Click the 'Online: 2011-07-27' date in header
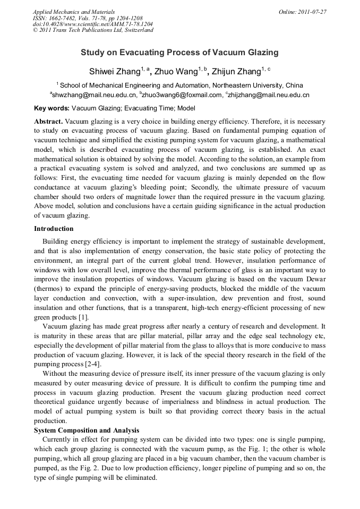point(303,12)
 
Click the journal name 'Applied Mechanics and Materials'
point(75,12)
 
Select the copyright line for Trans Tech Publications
point(93,30)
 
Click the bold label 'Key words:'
point(52,108)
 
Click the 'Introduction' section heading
point(54,229)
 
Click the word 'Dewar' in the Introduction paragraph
point(314,279)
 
